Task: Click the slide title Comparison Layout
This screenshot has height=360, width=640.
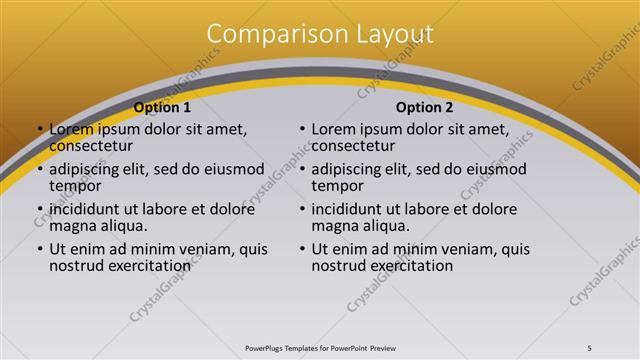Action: pos(320,34)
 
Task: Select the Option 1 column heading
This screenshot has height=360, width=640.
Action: pos(161,107)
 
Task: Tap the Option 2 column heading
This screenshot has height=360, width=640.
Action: pos(424,107)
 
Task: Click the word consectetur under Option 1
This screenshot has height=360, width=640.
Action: pos(92,146)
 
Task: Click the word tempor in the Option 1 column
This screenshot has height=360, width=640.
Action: pos(74,186)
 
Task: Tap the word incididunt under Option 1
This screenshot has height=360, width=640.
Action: pos(87,210)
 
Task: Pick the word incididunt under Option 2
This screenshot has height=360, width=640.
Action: pos(350,210)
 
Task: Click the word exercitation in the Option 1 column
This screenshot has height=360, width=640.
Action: pos(147,266)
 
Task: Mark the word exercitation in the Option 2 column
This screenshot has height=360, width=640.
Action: pos(410,266)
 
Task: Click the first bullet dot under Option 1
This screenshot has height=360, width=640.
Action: pos(40,130)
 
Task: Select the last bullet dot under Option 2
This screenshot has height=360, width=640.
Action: pos(302,250)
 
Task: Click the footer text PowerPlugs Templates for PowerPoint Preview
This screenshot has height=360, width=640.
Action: pos(320,347)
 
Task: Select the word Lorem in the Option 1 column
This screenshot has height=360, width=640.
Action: pos(70,130)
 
